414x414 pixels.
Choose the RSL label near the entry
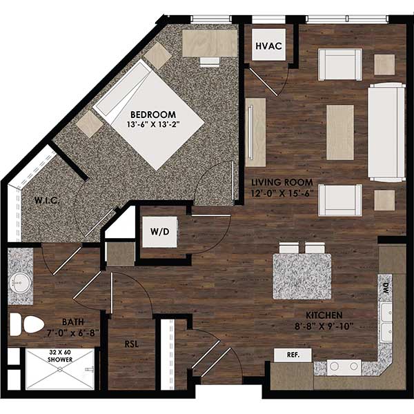133,343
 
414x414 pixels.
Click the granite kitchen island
302,275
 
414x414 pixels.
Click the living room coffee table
339,131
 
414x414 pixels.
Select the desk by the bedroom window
208,42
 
